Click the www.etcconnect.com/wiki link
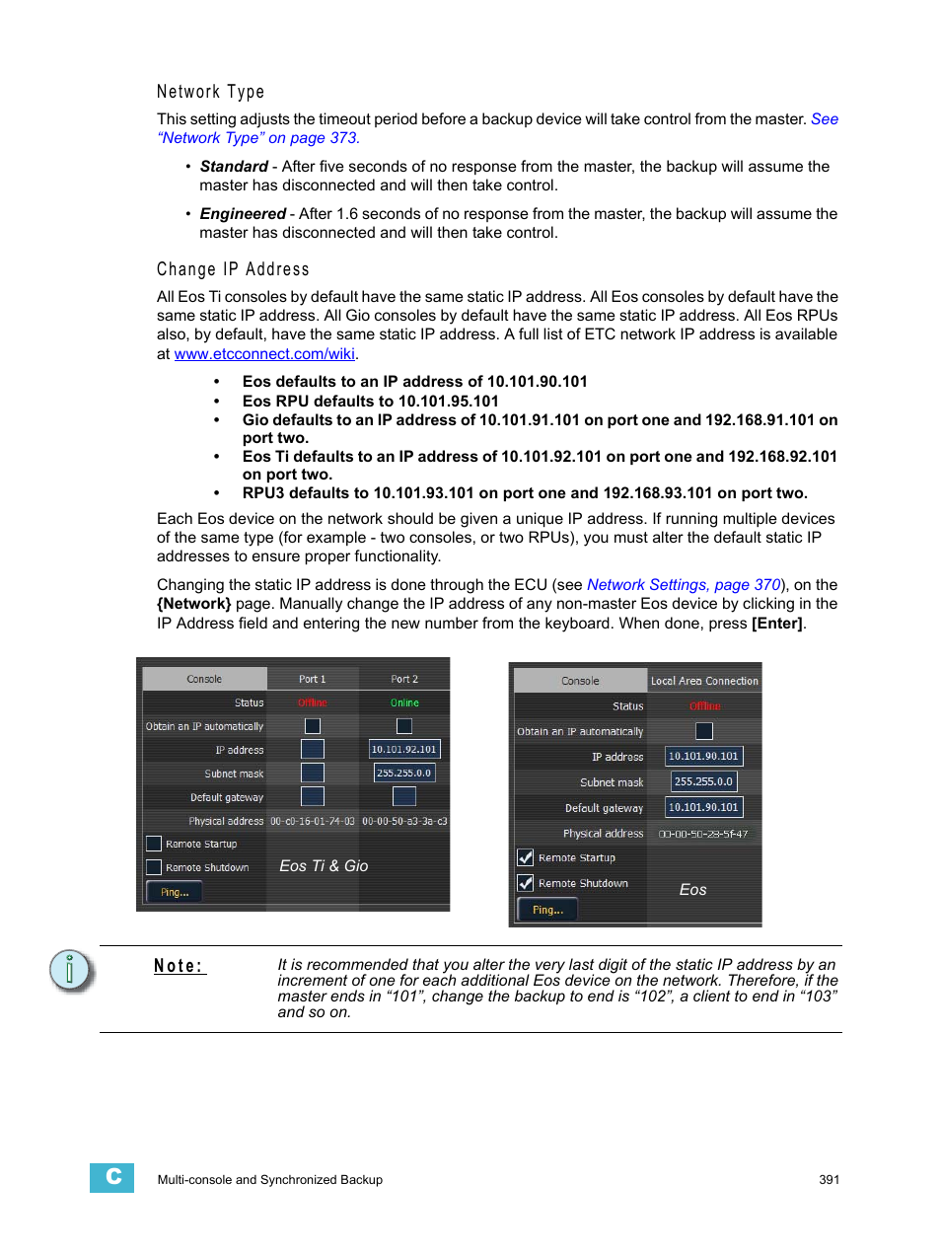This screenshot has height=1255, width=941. point(264,354)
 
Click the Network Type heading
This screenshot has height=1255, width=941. point(210,92)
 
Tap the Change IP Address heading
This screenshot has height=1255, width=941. point(233,269)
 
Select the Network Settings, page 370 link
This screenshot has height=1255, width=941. point(684,585)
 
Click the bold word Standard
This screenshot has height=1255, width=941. point(234,167)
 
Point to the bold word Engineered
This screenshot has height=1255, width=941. point(243,214)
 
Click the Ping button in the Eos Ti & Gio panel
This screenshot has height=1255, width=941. point(175,892)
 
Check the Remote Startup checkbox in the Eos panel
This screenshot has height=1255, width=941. point(526,857)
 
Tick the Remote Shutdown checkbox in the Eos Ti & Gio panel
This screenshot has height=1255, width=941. point(154,867)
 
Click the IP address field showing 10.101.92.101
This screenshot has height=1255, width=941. point(403,750)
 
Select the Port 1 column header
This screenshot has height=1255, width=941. point(312,679)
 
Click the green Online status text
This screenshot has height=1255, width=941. point(404,702)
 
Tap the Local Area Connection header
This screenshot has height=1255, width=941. point(704,681)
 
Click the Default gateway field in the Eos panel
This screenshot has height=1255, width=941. point(703,807)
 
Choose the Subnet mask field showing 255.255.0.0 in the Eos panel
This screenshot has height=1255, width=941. point(703,781)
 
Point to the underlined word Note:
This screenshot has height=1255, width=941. point(179,966)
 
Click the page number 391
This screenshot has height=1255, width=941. point(829,1179)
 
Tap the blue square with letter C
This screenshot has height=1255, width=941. point(112,1177)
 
